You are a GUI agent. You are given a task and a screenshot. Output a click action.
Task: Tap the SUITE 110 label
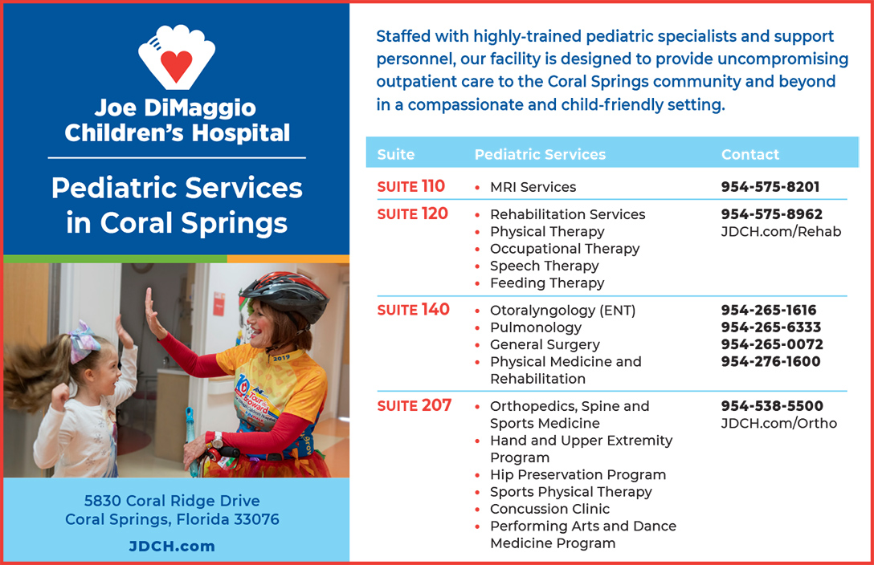click(410, 186)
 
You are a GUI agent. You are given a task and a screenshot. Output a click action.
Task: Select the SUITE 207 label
click(415, 405)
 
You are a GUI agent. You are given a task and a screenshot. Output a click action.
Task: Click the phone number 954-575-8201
click(770, 187)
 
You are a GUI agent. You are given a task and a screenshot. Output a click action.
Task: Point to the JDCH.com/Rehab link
click(781, 232)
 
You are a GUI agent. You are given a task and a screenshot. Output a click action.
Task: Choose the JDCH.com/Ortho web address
click(778, 423)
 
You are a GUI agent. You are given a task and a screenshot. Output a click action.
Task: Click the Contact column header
click(750, 154)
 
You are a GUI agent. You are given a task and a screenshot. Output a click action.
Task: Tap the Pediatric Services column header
click(540, 154)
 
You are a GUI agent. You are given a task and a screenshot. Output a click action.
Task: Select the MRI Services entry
click(533, 187)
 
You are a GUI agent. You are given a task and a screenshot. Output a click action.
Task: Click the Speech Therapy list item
click(544, 266)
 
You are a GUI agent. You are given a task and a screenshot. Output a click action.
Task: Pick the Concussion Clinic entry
click(549, 509)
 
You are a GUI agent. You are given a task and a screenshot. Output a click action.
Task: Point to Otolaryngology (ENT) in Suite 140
click(562, 311)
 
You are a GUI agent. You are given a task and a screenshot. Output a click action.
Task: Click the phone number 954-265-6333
click(771, 327)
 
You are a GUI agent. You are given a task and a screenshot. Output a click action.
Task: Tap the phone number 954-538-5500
click(772, 406)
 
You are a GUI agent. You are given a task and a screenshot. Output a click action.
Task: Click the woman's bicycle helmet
click(284, 294)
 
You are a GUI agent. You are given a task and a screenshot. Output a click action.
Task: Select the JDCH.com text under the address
click(172, 546)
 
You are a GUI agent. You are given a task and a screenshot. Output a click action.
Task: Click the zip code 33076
click(256, 519)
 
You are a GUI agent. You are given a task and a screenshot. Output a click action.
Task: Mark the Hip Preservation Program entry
click(578, 475)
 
